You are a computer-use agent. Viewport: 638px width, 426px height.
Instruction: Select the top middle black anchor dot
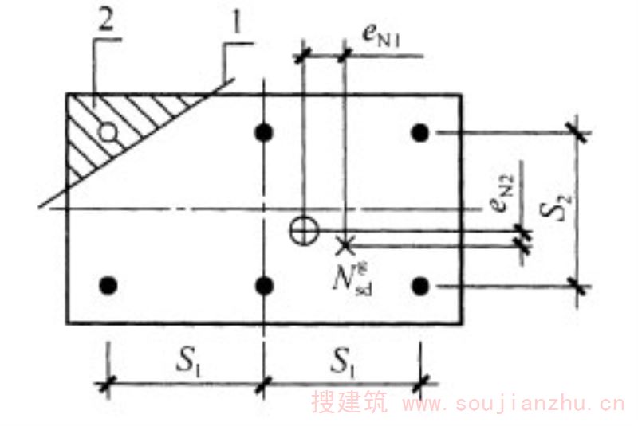pos(264,132)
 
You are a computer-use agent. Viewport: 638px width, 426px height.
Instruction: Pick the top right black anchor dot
pos(420,132)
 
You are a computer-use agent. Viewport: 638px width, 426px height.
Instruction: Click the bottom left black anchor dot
pos(109,284)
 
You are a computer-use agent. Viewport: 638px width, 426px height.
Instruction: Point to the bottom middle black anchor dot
pos(264,284)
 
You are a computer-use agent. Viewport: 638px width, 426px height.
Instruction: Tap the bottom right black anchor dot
pos(420,284)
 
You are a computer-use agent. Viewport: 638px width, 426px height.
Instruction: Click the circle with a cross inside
pos(303,229)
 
